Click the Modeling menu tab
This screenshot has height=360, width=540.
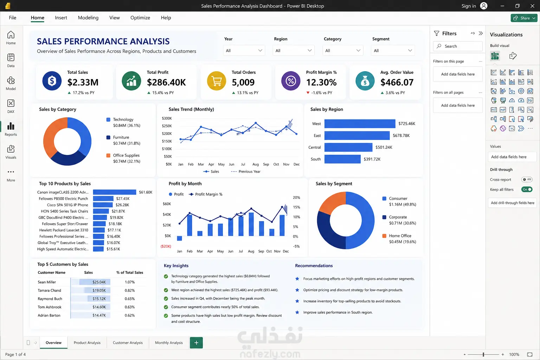point(88,18)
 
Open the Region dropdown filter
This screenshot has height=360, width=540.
point(294,50)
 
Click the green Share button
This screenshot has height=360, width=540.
point(524,18)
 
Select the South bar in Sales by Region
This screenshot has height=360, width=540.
point(342,159)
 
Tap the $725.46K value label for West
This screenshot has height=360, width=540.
point(407,123)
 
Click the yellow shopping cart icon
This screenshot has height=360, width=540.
point(216,81)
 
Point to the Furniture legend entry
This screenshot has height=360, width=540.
point(123,140)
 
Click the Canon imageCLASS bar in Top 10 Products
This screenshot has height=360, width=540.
point(115,192)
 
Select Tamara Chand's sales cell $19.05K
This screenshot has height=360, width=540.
point(99,290)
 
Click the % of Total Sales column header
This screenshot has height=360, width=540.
point(130,272)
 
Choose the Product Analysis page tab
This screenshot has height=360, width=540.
point(87,343)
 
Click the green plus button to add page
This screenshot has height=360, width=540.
point(196,343)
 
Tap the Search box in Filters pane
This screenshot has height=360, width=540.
point(457,46)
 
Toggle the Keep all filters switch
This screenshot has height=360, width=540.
point(527,189)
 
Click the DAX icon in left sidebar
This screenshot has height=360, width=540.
point(11,106)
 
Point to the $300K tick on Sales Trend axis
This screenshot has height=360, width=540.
point(167,118)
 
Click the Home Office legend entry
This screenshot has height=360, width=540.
point(399,239)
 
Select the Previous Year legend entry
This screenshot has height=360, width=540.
point(246,172)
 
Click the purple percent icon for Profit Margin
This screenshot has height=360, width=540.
point(291,81)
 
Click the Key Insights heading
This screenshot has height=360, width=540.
point(176,265)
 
